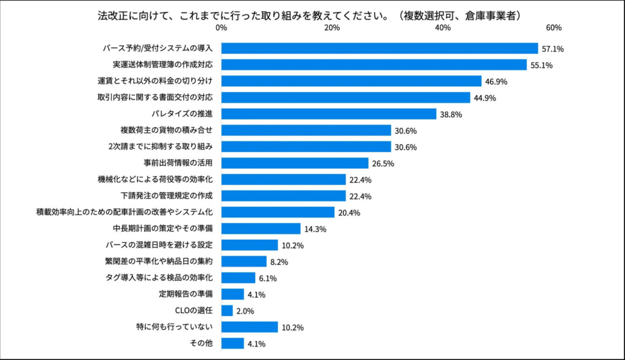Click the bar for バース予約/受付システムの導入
point(379,48)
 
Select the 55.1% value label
point(541,65)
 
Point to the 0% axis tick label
point(221,28)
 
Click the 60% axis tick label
point(553,28)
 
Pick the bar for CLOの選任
point(227,311)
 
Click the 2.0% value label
point(245,311)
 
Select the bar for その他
point(233,344)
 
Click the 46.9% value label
point(496,82)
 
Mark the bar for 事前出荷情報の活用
point(295,163)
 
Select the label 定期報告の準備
point(186,294)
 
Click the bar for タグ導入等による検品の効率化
point(238,278)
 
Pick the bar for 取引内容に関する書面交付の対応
point(345,98)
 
